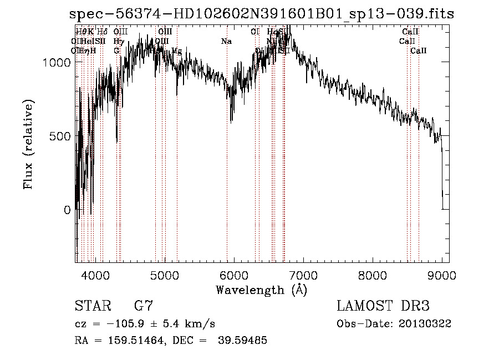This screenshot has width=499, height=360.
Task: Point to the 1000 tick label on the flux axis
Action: [x=57, y=63]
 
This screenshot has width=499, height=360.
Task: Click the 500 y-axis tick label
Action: [x=60, y=136]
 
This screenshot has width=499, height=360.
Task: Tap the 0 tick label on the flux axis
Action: [x=68, y=210]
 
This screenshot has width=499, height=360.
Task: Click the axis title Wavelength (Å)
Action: [x=261, y=290]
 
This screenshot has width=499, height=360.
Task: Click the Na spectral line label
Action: [x=226, y=41]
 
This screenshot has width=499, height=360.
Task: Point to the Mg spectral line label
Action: [x=177, y=50]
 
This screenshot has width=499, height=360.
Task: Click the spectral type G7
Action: [x=144, y=306]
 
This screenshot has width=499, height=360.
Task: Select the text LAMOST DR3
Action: [x=383, y=306]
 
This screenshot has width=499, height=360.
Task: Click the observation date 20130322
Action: [x=426, y=324]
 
